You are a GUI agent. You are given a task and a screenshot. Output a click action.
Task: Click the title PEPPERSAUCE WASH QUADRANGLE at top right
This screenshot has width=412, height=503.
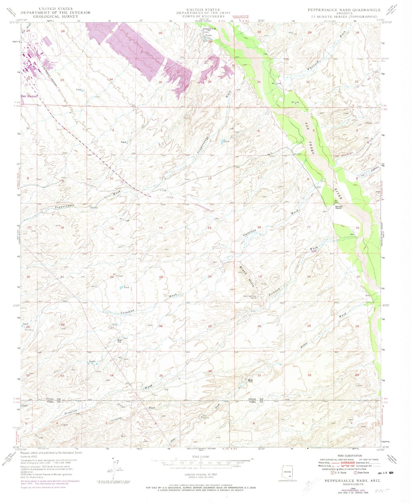pos(344,10)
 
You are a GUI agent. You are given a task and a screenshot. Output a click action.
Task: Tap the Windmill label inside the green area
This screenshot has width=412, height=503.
pos(295,102)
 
